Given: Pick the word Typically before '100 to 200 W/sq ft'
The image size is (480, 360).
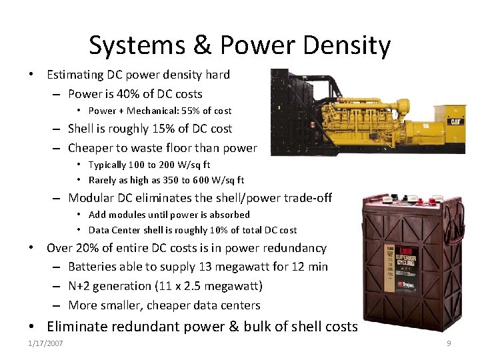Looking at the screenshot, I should pos(107,165).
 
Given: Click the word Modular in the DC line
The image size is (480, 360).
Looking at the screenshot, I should pos(94,198).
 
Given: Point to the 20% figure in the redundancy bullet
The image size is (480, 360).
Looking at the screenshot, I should pos(90,248).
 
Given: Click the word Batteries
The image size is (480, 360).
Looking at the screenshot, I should pos(95,267).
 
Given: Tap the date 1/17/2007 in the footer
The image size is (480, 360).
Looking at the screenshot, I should pos(45,344).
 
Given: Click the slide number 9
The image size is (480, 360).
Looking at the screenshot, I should pos(449,344).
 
